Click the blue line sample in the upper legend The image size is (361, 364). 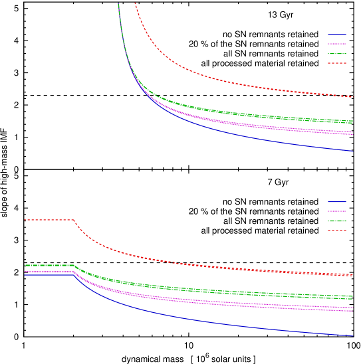point(337,35)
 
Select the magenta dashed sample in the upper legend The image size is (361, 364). point(337,44)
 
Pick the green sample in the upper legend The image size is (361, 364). point(337,54)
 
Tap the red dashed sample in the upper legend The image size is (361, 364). point(337,63)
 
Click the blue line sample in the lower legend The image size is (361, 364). point(337,202)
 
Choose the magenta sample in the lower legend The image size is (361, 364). point(337,211)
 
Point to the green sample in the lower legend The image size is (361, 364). point(337,221)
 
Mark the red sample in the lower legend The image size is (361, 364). point(337,230)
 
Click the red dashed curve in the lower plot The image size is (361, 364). point(199,265)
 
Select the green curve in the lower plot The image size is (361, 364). point(199,290)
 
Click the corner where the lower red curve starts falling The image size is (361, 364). point(73,220)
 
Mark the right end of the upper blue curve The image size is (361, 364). point(353,151)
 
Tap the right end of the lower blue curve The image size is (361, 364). point(352,335)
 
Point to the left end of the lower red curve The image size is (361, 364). point(25,220)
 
